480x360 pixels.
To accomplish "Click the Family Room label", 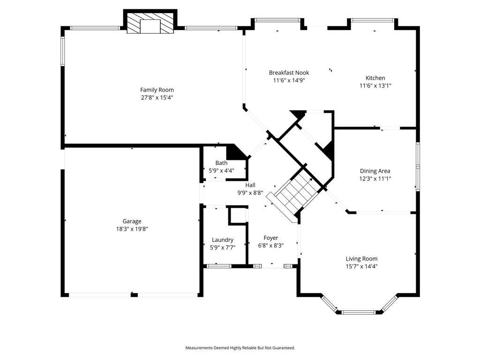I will tap(157, 90).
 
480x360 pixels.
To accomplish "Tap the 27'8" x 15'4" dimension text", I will tap(157, 97).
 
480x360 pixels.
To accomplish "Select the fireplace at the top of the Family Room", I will tap(150, 22).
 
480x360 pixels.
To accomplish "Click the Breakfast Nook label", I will tap(289, 73).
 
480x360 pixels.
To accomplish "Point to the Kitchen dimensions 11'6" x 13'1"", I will tap(375, 86).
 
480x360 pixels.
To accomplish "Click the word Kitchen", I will tap(375, 78).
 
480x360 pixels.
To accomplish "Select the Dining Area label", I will tap(375, 171).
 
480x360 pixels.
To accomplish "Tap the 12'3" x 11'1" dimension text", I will tap(375, 179).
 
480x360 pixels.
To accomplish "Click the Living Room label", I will tap(361, 259).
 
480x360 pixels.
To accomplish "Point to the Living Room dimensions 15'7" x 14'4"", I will tap(361, 266).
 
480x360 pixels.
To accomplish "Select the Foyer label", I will tap(270, 238).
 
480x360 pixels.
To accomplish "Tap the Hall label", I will tap(250, 185).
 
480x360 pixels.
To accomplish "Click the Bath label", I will tap(221, 163).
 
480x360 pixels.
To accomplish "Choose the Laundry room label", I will tap(222, 240).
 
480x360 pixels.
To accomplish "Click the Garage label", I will tap(132, 221).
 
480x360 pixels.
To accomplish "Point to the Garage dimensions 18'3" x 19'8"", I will tap(132, 229).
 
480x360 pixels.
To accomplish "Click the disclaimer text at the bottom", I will tap(240, 348).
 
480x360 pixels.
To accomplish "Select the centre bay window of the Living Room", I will tap(359, 312).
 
